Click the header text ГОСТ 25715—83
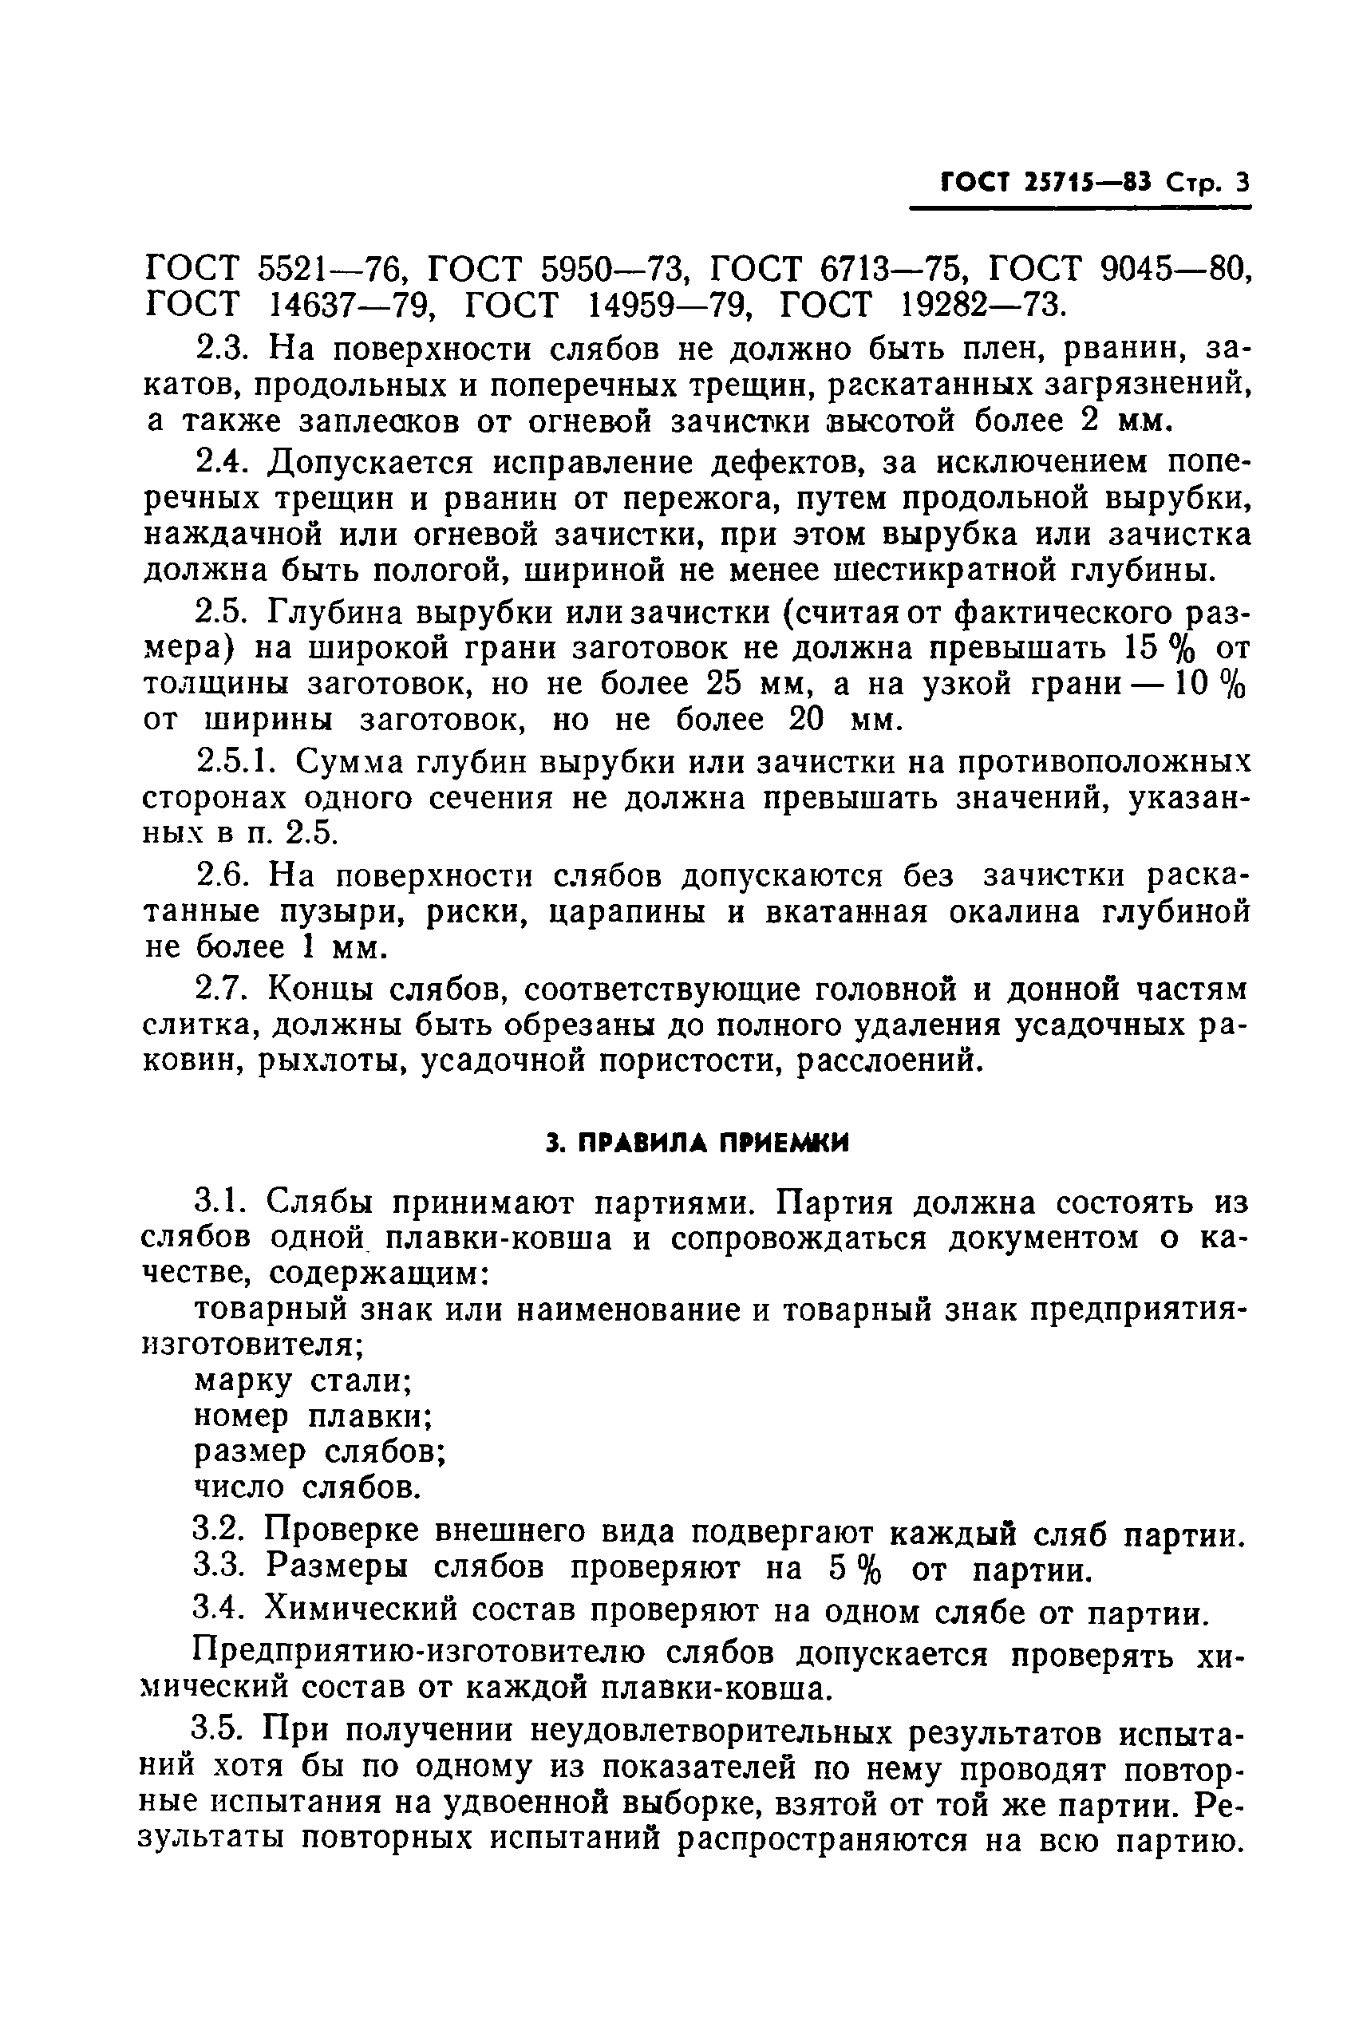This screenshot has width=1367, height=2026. [x=1045, y=182]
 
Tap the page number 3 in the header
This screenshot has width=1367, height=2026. [x=1242, y=182]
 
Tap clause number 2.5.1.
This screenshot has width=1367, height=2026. [x=236, y=762]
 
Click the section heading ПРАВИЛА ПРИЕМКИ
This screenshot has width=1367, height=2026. [x=697, y=1143]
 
